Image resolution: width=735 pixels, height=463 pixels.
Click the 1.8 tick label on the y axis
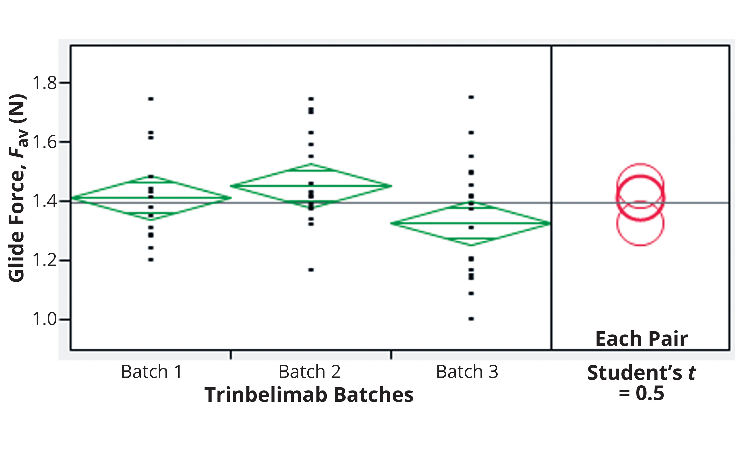[x=44, y=83]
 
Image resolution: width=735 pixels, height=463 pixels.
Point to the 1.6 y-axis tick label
[x=44, y=142]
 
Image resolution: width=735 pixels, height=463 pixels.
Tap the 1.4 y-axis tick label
[x=44, y=201]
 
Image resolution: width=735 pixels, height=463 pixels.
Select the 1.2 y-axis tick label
[x=44, y=260]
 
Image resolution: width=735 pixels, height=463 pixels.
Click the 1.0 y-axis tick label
[x=44, y=320]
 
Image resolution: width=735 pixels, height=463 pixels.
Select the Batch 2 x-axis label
[x=310, y=372]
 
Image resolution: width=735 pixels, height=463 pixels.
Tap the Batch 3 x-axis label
[x=467, y=372]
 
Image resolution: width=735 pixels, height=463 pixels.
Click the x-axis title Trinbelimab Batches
[x=309, y=395]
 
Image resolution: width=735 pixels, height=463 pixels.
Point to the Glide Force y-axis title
[x=18, y=188]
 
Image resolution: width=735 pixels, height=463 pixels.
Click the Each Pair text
[x=641, y=339]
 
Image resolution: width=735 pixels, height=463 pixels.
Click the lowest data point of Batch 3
[x=471, y=319]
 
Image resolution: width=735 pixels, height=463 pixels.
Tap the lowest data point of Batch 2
[x=311, y=270]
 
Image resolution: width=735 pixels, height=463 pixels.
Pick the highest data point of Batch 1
[x=151, y=99]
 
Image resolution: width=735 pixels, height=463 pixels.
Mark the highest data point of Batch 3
[x=471, y=97]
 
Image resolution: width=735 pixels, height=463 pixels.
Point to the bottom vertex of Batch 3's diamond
[x=471, y=245]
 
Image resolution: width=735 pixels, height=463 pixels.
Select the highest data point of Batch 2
[x=311, y=99]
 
